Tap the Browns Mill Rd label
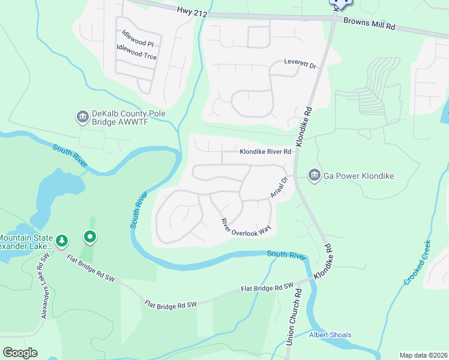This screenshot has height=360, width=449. [369, 23]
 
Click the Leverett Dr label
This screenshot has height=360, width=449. [300, 64]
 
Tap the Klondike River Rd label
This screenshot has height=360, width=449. [265, 152]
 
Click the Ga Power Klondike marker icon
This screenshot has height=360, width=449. [313, 175]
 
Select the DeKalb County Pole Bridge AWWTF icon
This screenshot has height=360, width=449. [82, 116]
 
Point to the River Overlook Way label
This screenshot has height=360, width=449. [247, 226]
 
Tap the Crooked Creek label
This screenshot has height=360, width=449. [417, 263]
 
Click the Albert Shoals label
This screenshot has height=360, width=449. [330, 335]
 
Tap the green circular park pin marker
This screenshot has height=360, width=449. [89, 238]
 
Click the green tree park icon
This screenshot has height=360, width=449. [61, 241]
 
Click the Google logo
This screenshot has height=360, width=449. [20, 352]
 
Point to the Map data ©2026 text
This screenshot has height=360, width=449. [423, 355]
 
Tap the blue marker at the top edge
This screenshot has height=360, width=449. [342, 3]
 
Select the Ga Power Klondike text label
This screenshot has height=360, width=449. [359, 176]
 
